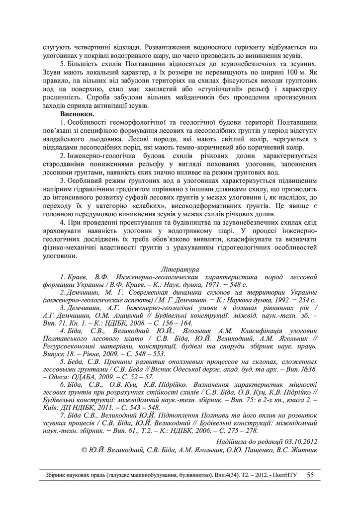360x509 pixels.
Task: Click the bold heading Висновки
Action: tap(77, 115)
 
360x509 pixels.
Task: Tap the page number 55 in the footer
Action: tap(310, 475)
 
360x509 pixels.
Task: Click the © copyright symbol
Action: tap(84, 450)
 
